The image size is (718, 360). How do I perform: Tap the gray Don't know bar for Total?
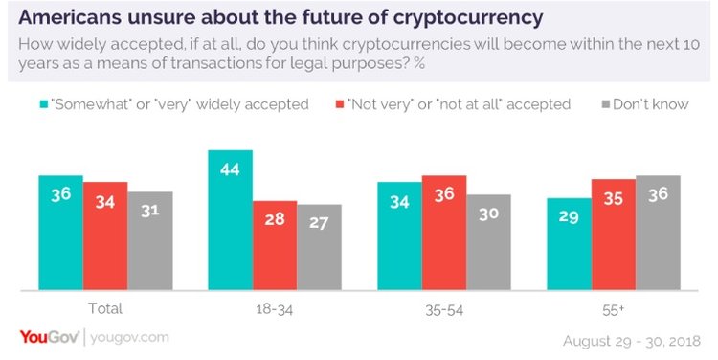tap(149, 240)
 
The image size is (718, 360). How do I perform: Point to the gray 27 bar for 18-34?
tap(319, 247)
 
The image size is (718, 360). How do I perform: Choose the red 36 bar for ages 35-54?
tap(444, 233)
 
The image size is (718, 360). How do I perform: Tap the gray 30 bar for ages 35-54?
tap(488, 242)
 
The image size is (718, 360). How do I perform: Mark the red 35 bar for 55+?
tap(614, 235)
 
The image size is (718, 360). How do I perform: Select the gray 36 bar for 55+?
tap(658, 233)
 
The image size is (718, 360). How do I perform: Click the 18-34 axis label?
tap(275, 308)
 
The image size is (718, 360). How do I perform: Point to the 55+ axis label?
tap(614, 308)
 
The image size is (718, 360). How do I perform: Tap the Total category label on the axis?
tap(105, 308)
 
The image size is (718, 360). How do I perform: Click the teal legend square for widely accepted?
tap(44, 104)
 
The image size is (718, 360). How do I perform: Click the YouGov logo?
tap(49, 337)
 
